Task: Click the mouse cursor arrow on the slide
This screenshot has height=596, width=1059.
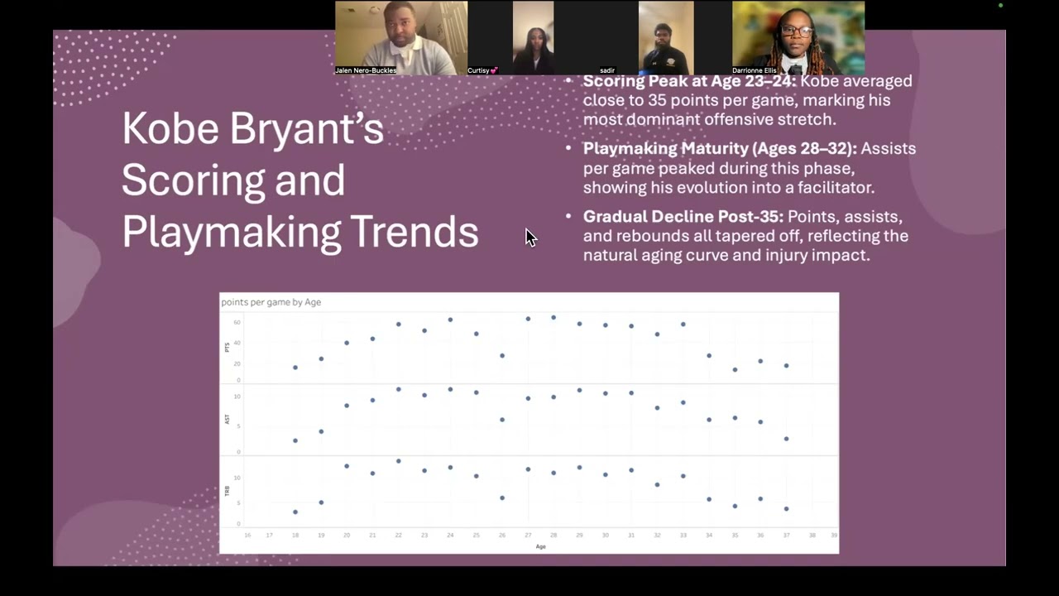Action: point(529,238)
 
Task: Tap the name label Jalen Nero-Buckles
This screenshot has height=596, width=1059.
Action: point(366,70)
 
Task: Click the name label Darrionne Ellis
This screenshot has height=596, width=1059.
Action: point(755,70)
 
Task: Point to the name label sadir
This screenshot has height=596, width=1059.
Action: point(607,70)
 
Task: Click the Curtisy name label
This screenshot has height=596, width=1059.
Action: point(482,70)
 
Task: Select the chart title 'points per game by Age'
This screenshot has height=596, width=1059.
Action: point(271,302)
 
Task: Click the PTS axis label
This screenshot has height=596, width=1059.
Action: point(228,348)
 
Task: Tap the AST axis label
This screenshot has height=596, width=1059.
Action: point(228,420)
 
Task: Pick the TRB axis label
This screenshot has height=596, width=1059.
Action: point(228,491)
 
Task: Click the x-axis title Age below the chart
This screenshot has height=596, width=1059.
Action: point(540,546)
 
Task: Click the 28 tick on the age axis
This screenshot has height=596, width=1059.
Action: point(553,536)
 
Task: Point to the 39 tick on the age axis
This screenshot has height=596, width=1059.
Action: point(834,536)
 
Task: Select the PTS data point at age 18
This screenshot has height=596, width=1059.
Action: point(295,368)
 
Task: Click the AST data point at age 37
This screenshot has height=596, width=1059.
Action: point(786,439)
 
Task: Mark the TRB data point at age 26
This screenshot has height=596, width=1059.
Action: point(502,498)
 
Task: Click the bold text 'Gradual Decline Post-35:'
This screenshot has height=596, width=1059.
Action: point(683,217)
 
